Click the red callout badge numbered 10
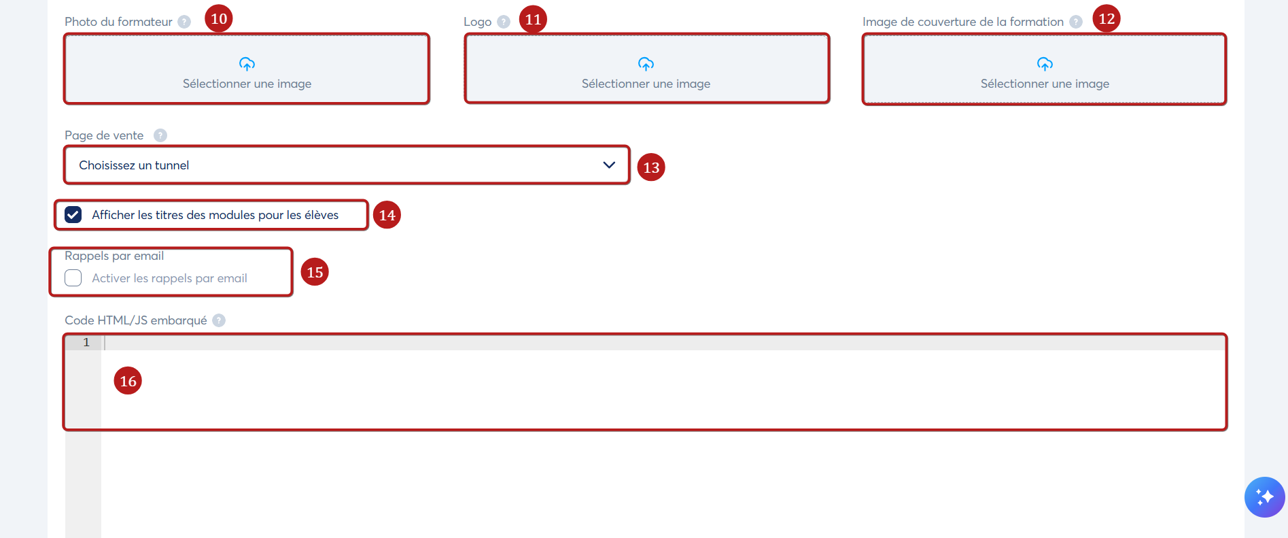(x=219, y=18)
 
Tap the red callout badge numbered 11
(x=533, y=19)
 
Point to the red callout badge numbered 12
(x=1107, y=18)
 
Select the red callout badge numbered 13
(x=651, y=167)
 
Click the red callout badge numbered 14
(x=387, y=215)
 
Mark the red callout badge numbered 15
(x=315, y=272)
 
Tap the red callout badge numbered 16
(x=128, y=381)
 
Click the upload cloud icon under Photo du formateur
(x=247, y=64)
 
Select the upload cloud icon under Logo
(x=646, y=64)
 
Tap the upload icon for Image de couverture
(x=1045, y=64)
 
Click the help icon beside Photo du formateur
(x=184, y=22)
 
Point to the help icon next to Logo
(x=504, y=22)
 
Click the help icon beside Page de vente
(x=160, y=135)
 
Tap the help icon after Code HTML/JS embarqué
(x=219, y=320)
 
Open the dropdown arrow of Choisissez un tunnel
(x=609, y=165)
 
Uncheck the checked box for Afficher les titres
(x=73, y=215)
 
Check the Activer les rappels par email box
(x=73, y=278)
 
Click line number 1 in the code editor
(x=86, y=342)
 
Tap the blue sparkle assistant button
(x=1265, y=497)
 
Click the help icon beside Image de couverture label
(x=1076, y=22)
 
